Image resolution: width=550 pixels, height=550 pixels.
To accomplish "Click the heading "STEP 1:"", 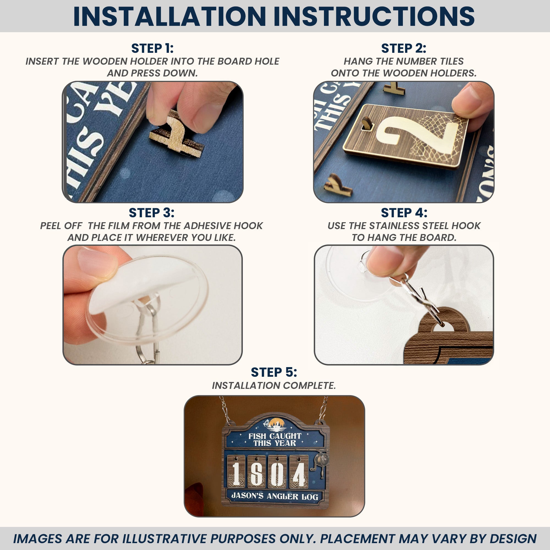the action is tap(152, 48).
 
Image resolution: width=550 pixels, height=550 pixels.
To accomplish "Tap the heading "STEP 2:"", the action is tap(404, 48).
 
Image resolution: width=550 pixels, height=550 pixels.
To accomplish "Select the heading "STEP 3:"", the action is tap(152, 213).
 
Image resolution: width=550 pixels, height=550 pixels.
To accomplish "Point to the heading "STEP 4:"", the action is tap(404, 213).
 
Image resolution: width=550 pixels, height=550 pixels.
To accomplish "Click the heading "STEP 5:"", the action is tap(274, 372).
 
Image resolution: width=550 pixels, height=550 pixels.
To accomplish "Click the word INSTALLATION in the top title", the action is tap(169, 16).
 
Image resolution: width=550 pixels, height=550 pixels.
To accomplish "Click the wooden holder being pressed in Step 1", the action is tap(177, 134).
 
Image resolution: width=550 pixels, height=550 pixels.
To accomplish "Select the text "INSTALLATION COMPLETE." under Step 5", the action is tap(274, 386).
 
